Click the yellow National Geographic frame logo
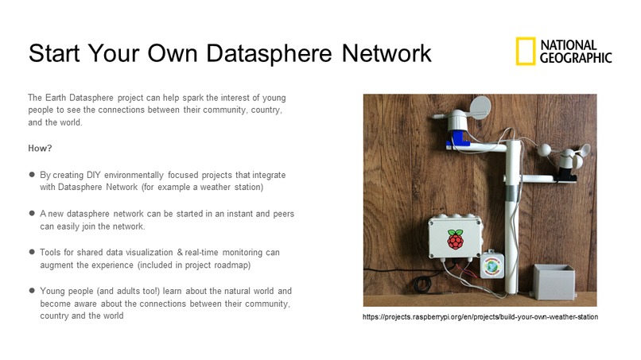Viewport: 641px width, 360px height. coord(524,51)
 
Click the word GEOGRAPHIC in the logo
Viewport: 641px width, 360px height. coord(576,57)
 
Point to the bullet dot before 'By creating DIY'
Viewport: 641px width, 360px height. coord(32,173)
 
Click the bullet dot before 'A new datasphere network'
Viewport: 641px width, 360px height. coord(32,214)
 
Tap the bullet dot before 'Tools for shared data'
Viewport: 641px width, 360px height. coord(32,253)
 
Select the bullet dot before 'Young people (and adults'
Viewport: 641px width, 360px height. coord(32,291)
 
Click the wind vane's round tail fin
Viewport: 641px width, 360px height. coord(445,106)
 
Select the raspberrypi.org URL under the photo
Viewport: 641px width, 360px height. coord(480,317)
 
